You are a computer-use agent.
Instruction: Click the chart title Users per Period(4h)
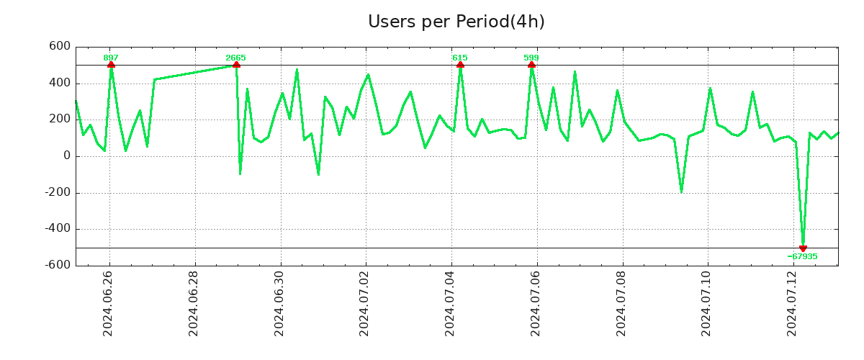click(456, 22)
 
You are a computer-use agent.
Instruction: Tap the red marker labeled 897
click(111, 65)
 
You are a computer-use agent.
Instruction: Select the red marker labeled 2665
click(236, 65)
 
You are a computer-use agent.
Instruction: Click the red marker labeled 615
click(460, 65)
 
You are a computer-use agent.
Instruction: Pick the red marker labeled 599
click(531, 65)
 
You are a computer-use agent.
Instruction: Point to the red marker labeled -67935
click(803, 248)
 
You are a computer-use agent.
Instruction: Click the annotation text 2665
click(235, 58)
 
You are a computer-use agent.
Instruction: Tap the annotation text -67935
click(802, 256)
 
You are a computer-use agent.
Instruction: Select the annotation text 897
click(111, 58)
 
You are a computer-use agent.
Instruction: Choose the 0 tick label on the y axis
click(67, 156)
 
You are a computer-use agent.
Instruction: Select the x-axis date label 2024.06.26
click(109, 303)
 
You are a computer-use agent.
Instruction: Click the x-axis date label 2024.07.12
click(793, 303)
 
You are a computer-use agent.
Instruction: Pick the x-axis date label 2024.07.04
click(451, 303)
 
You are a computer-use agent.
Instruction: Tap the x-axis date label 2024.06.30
click(280, 303)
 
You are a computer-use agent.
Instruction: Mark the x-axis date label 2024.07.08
click(622, 303)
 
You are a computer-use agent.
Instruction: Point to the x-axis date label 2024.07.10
click(708, 303)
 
